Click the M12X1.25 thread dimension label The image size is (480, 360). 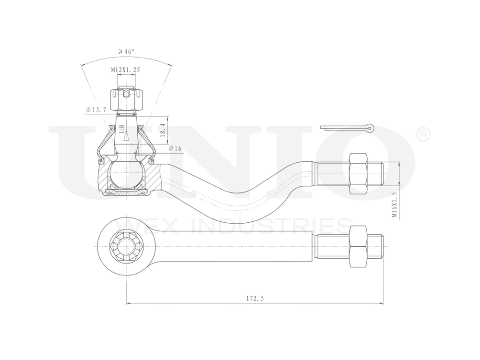pos(126,70)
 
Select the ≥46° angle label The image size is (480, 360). pos(126,51)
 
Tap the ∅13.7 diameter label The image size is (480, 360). pos(96,110)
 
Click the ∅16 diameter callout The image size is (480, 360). pos(175,149)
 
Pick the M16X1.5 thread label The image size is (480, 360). pos(394,204)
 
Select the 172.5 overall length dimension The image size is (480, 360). pos(255,298)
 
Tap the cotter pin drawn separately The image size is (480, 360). pos(347,128)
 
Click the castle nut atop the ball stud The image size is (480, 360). pos(126,98)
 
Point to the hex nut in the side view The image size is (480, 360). pos(359,174)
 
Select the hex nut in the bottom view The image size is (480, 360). pos(359,247)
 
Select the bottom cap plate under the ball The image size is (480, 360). pos(126,192)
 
